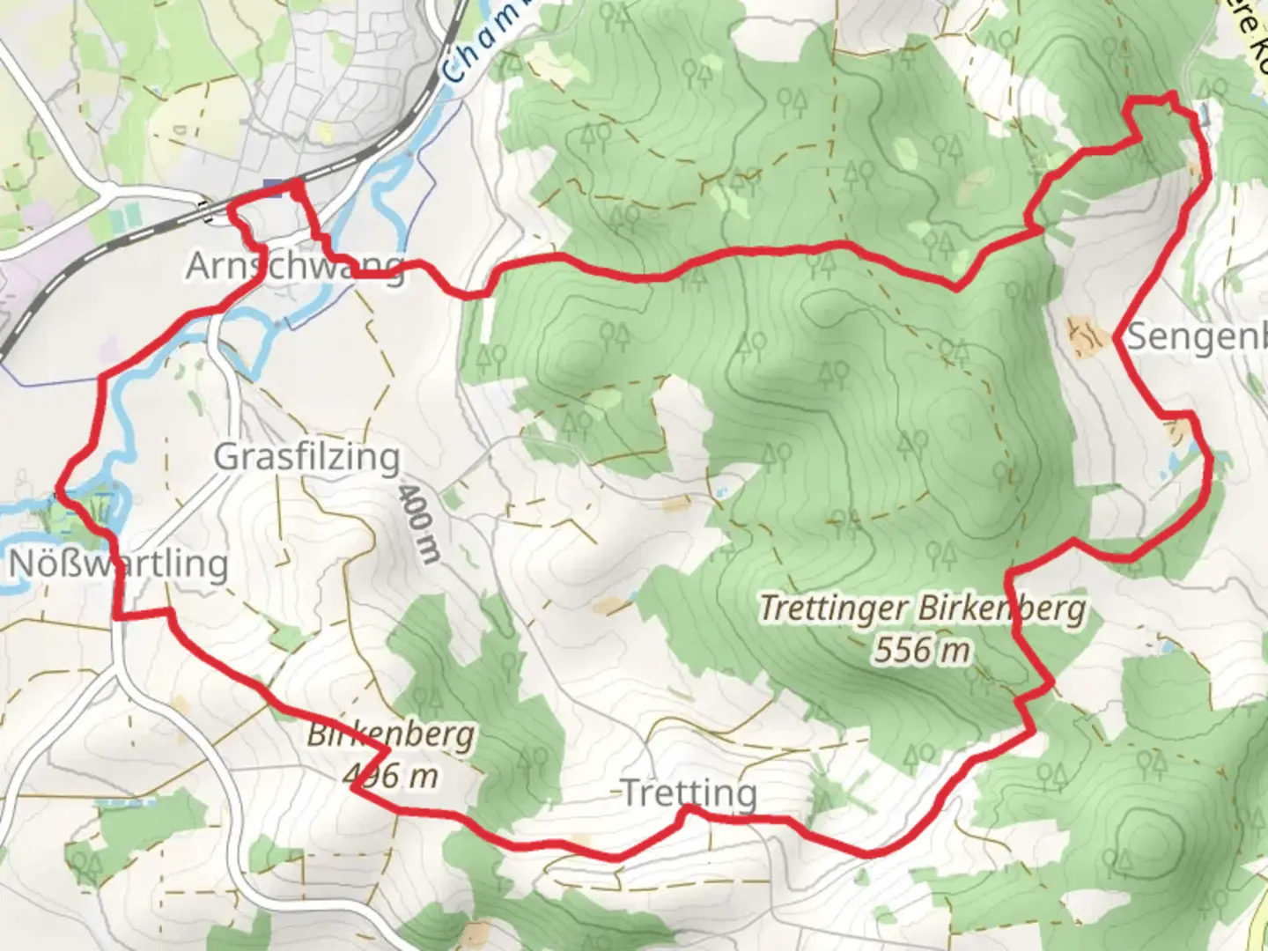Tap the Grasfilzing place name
(x=306, y=457)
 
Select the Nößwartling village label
(x=118, y=564)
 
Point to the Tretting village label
(x=689, y=793)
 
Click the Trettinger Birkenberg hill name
(x=922, y=608)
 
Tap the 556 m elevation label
(x=922, y=650)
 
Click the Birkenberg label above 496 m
(x=390, y=734)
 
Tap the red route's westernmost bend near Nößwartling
(x=60, y=485)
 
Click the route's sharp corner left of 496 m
(x=352, y=788)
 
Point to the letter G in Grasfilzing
(x=226, y=457)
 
